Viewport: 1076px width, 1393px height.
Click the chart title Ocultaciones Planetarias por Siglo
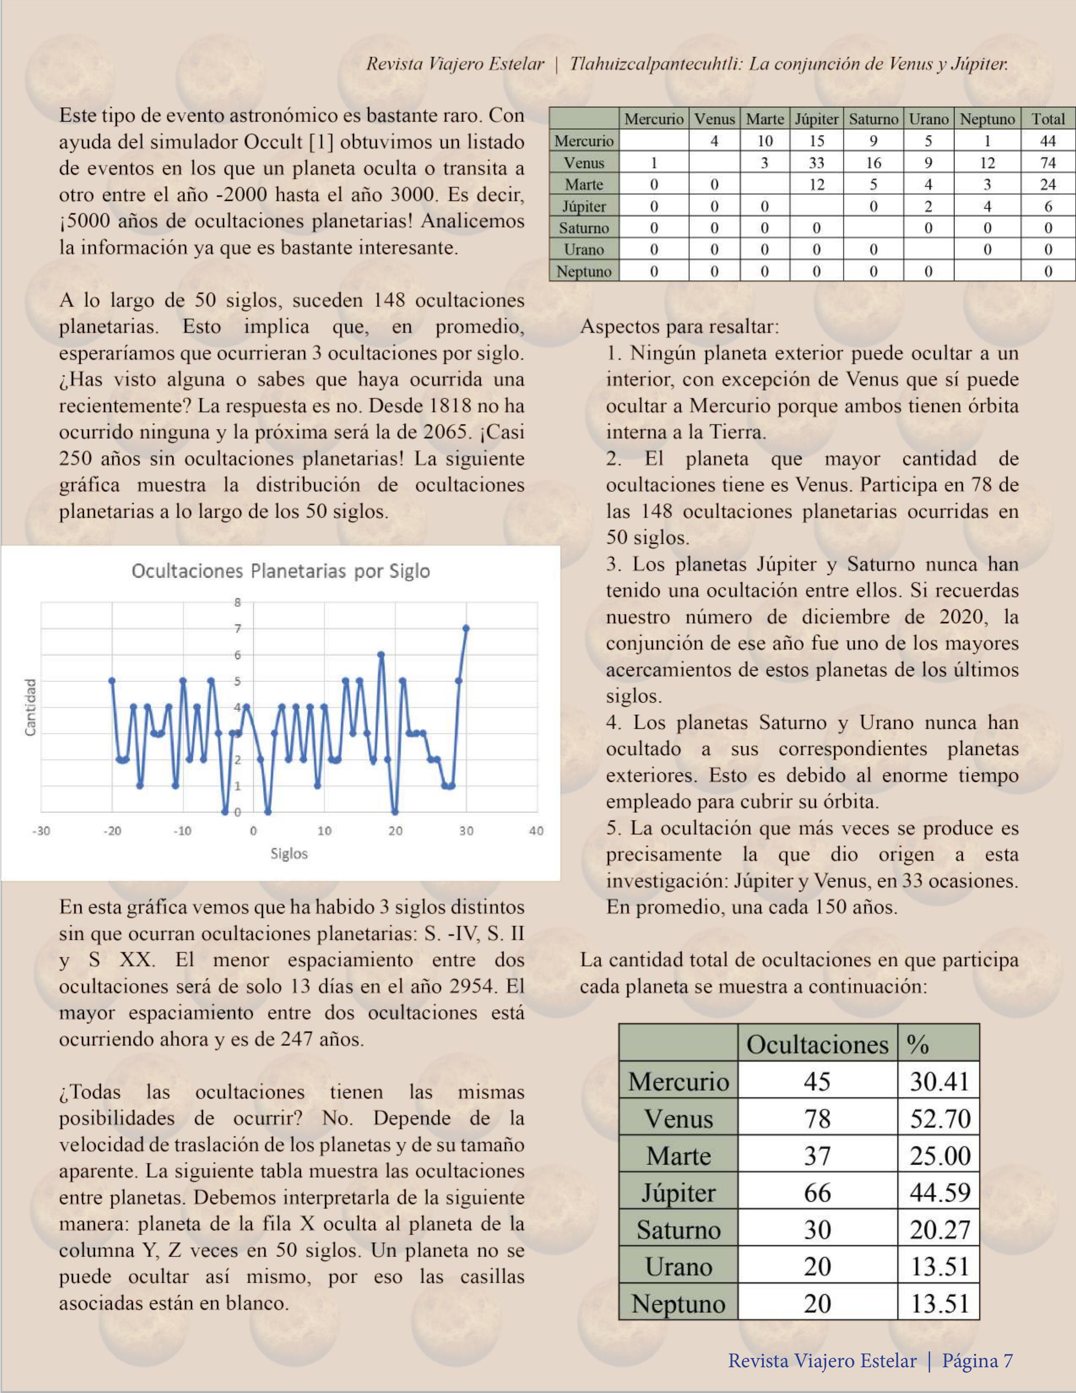(281, 571)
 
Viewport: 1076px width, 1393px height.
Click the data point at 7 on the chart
(465, 628)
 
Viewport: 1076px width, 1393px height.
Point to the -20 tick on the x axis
(112, 830)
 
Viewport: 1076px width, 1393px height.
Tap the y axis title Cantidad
(30, 707)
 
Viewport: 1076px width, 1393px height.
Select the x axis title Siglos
(289, 853)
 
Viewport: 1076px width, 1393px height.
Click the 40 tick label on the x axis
(536, 830)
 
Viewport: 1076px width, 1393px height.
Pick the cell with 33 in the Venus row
(816, 162)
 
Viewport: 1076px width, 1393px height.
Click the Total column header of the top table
(1048, 119)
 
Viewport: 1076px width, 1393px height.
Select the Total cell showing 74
(1048, 162)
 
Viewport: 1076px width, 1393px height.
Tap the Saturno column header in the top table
(873, 119)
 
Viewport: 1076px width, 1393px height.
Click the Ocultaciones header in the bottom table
(817, 1044)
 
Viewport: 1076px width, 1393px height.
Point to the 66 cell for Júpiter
(817, 1192)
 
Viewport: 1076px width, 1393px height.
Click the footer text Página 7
(977, 1361)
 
